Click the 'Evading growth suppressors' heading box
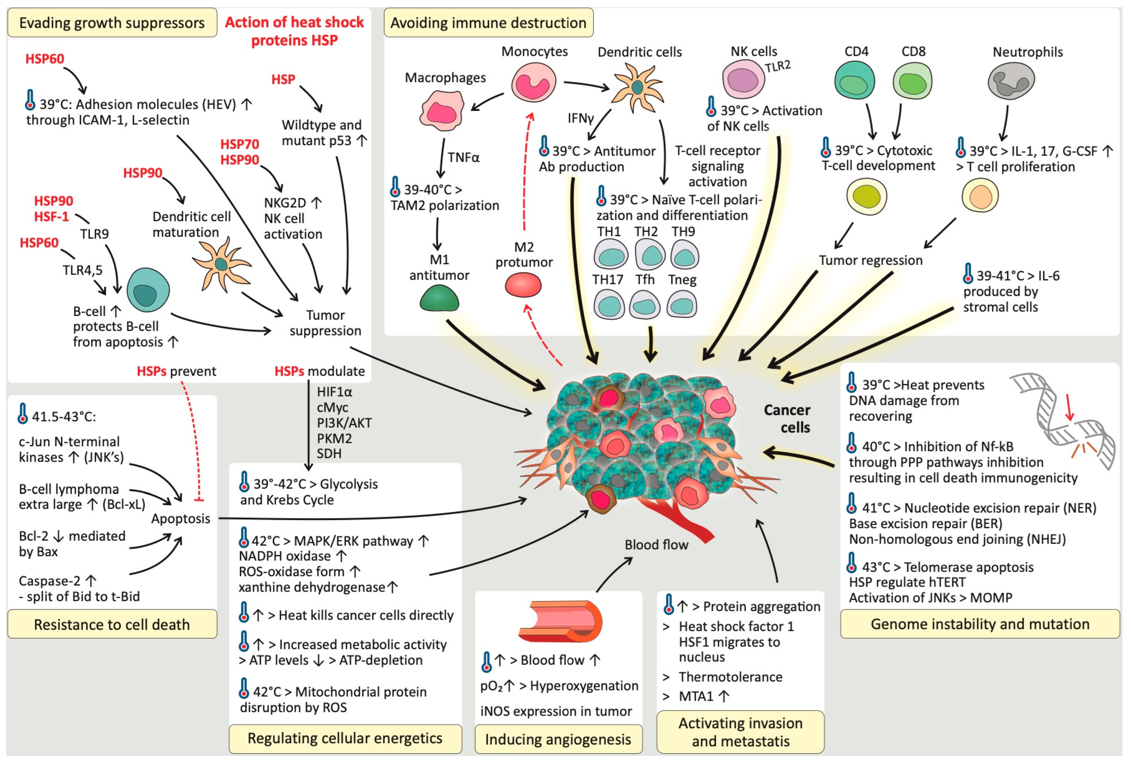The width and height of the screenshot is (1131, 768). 112,23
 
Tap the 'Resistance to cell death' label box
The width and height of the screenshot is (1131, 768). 112,624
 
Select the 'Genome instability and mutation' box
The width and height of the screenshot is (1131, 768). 980,624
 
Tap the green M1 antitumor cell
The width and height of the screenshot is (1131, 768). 439,298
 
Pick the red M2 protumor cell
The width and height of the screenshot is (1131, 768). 523,284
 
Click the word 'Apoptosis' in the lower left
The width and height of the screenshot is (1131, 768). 181,518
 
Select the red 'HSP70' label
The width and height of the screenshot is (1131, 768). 239,144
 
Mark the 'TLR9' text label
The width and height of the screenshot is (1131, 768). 94,234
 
